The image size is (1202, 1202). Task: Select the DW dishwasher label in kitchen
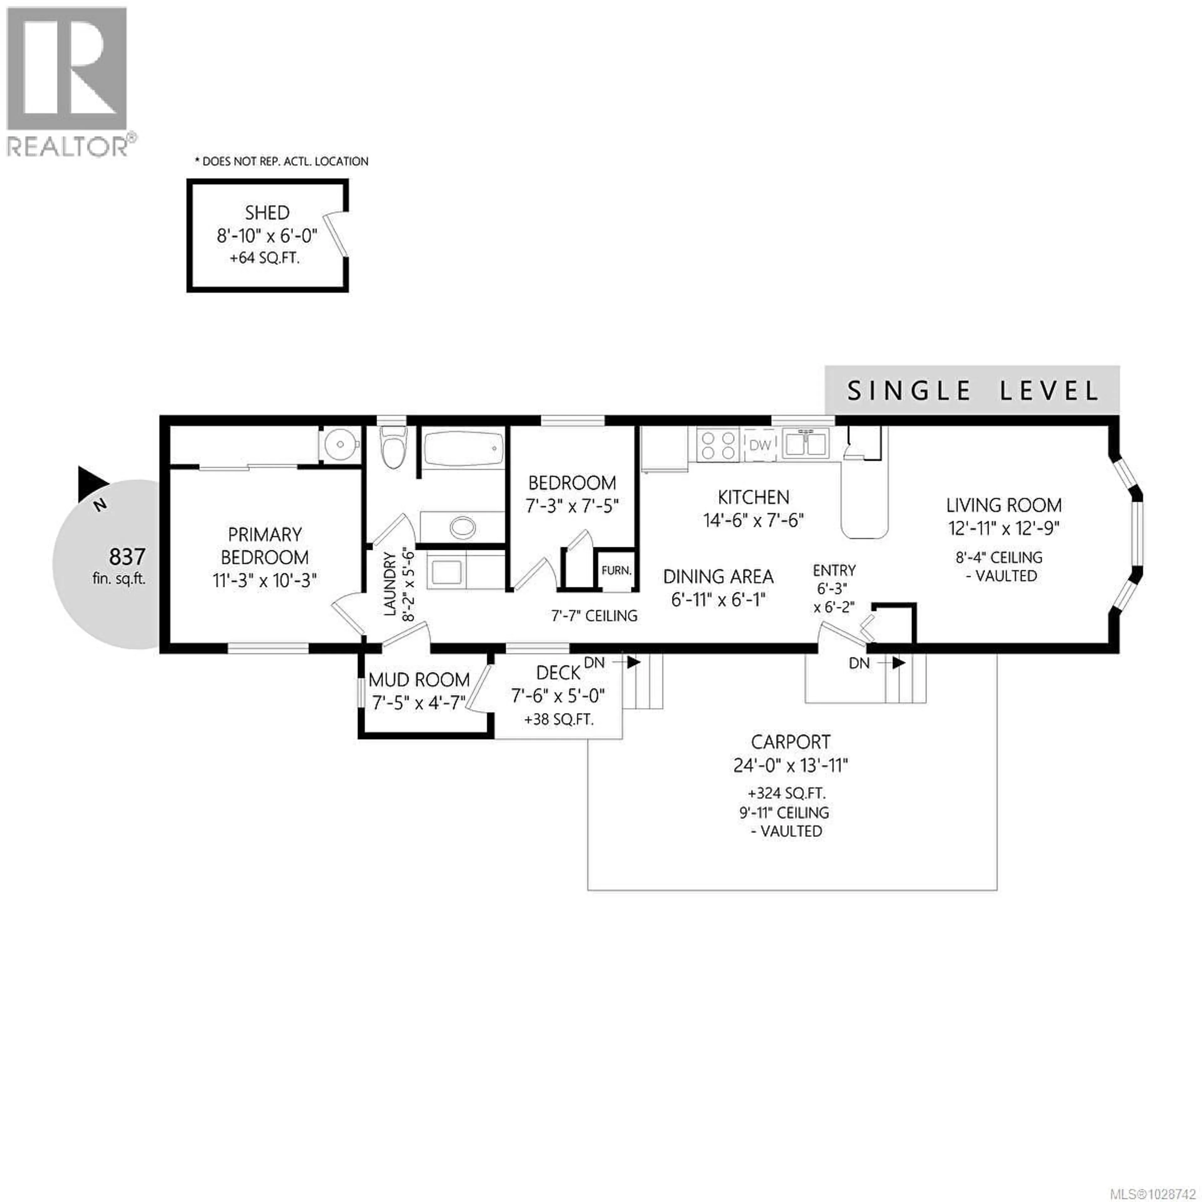(760, 445)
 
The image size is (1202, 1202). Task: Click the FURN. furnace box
(616, 570)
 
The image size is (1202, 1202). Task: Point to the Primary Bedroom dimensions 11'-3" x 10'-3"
(264, 580)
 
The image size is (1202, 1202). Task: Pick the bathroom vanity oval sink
(462, 527)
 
